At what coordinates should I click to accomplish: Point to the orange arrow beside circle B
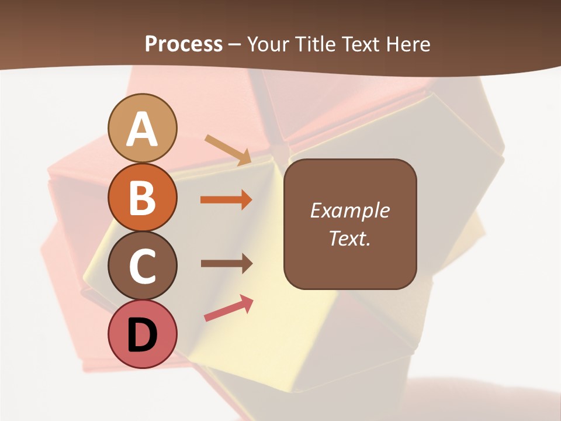pyautogui.click(x=226, y=200)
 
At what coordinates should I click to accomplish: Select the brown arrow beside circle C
pyautogui.click(x=226, y=263)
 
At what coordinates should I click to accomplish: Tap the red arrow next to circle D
pyautogui.click(x=228, y=308)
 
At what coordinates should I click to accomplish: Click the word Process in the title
pyautogui.click(x=183, y=44)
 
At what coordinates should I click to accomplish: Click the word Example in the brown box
pyautogui.click(x=350, y=210)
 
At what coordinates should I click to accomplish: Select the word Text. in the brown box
pyautogui.click(x=350, y=238)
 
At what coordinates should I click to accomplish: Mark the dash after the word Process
pyautogui.click(x=235, y=44)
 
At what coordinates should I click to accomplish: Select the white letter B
pyautogui.click(x=143, y=198)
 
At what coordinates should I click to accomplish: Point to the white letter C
pyautogui.click(x=143, y=267)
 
